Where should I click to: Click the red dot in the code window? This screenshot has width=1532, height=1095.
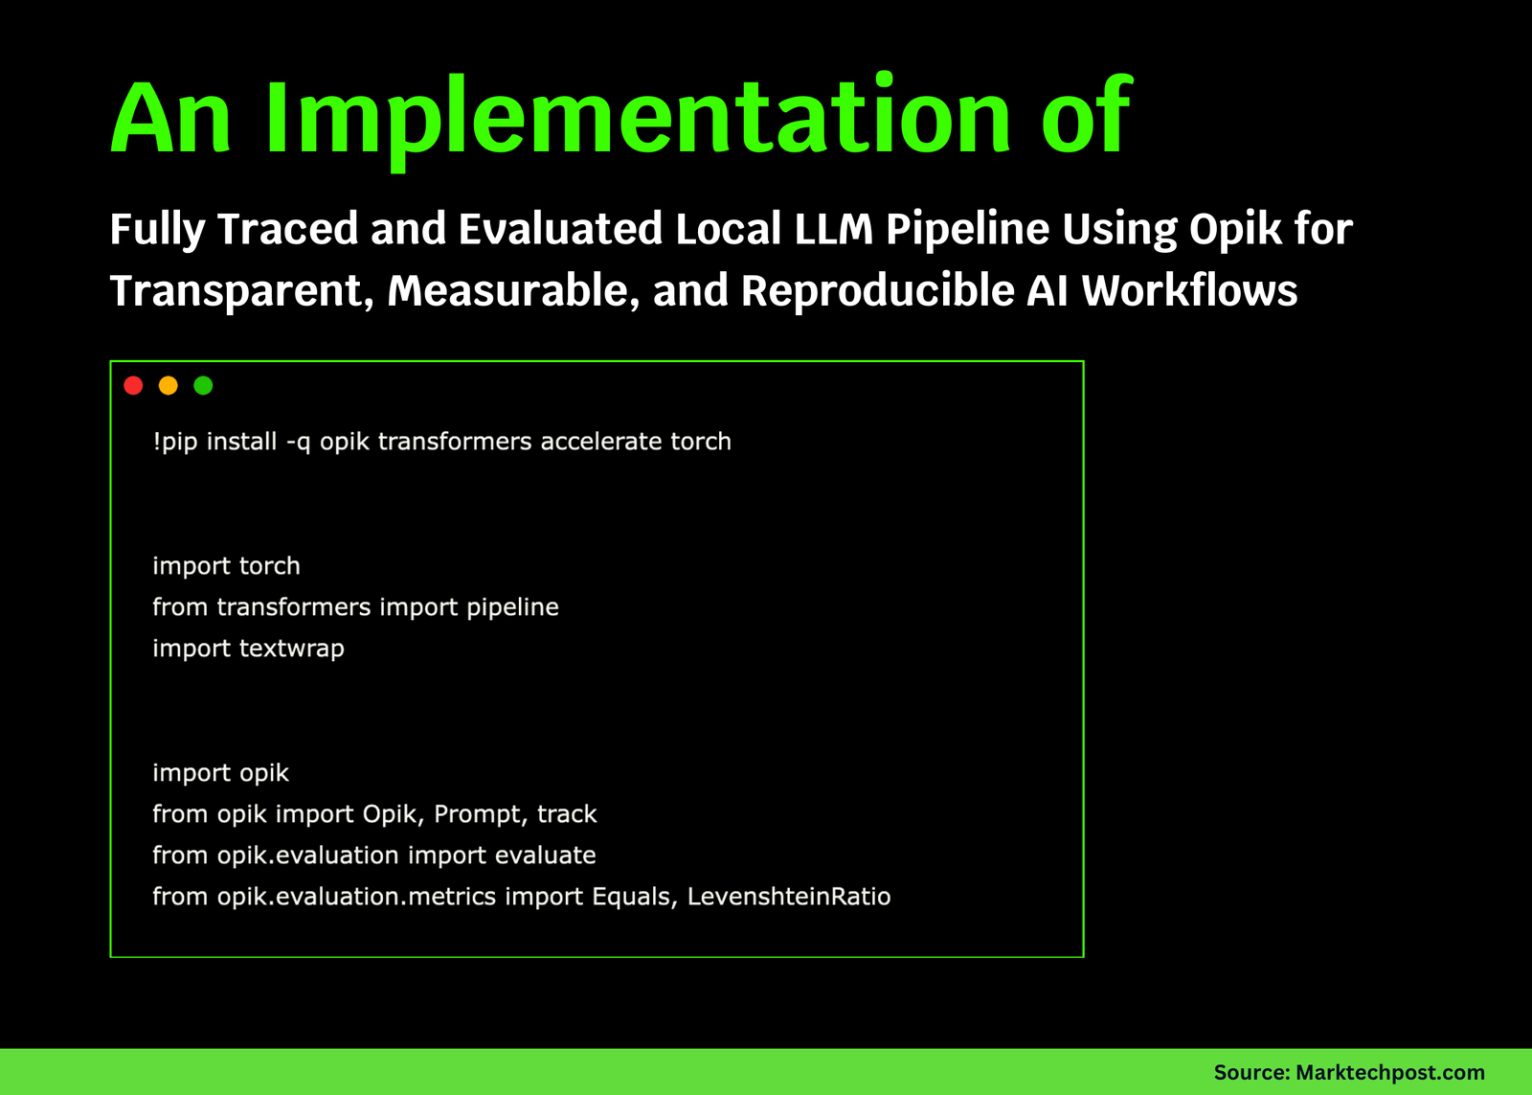(x=133, y=386)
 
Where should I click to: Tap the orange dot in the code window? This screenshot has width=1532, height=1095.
(x=169, y=386)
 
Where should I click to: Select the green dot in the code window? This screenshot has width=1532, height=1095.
(x=203, y=386)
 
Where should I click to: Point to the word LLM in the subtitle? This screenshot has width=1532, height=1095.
(x=834, y=229)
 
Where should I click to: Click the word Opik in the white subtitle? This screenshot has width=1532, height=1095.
(x=1235, y=229)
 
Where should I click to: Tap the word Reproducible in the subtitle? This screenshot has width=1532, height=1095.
(x=877, y=291)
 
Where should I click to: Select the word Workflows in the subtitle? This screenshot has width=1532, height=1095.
(x=1189, y=290)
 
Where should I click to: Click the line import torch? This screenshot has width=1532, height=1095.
(x=226, y=566)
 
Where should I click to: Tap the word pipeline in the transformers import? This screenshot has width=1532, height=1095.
(x=512, y=607)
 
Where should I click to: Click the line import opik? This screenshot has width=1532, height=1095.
(x=220, y=773)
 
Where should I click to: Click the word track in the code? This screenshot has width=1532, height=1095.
(x=567, y=814)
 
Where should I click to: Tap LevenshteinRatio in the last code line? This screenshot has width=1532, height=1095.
(x=789, y=897)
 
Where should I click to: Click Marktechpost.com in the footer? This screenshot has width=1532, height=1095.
(x=1390, y=1072)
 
